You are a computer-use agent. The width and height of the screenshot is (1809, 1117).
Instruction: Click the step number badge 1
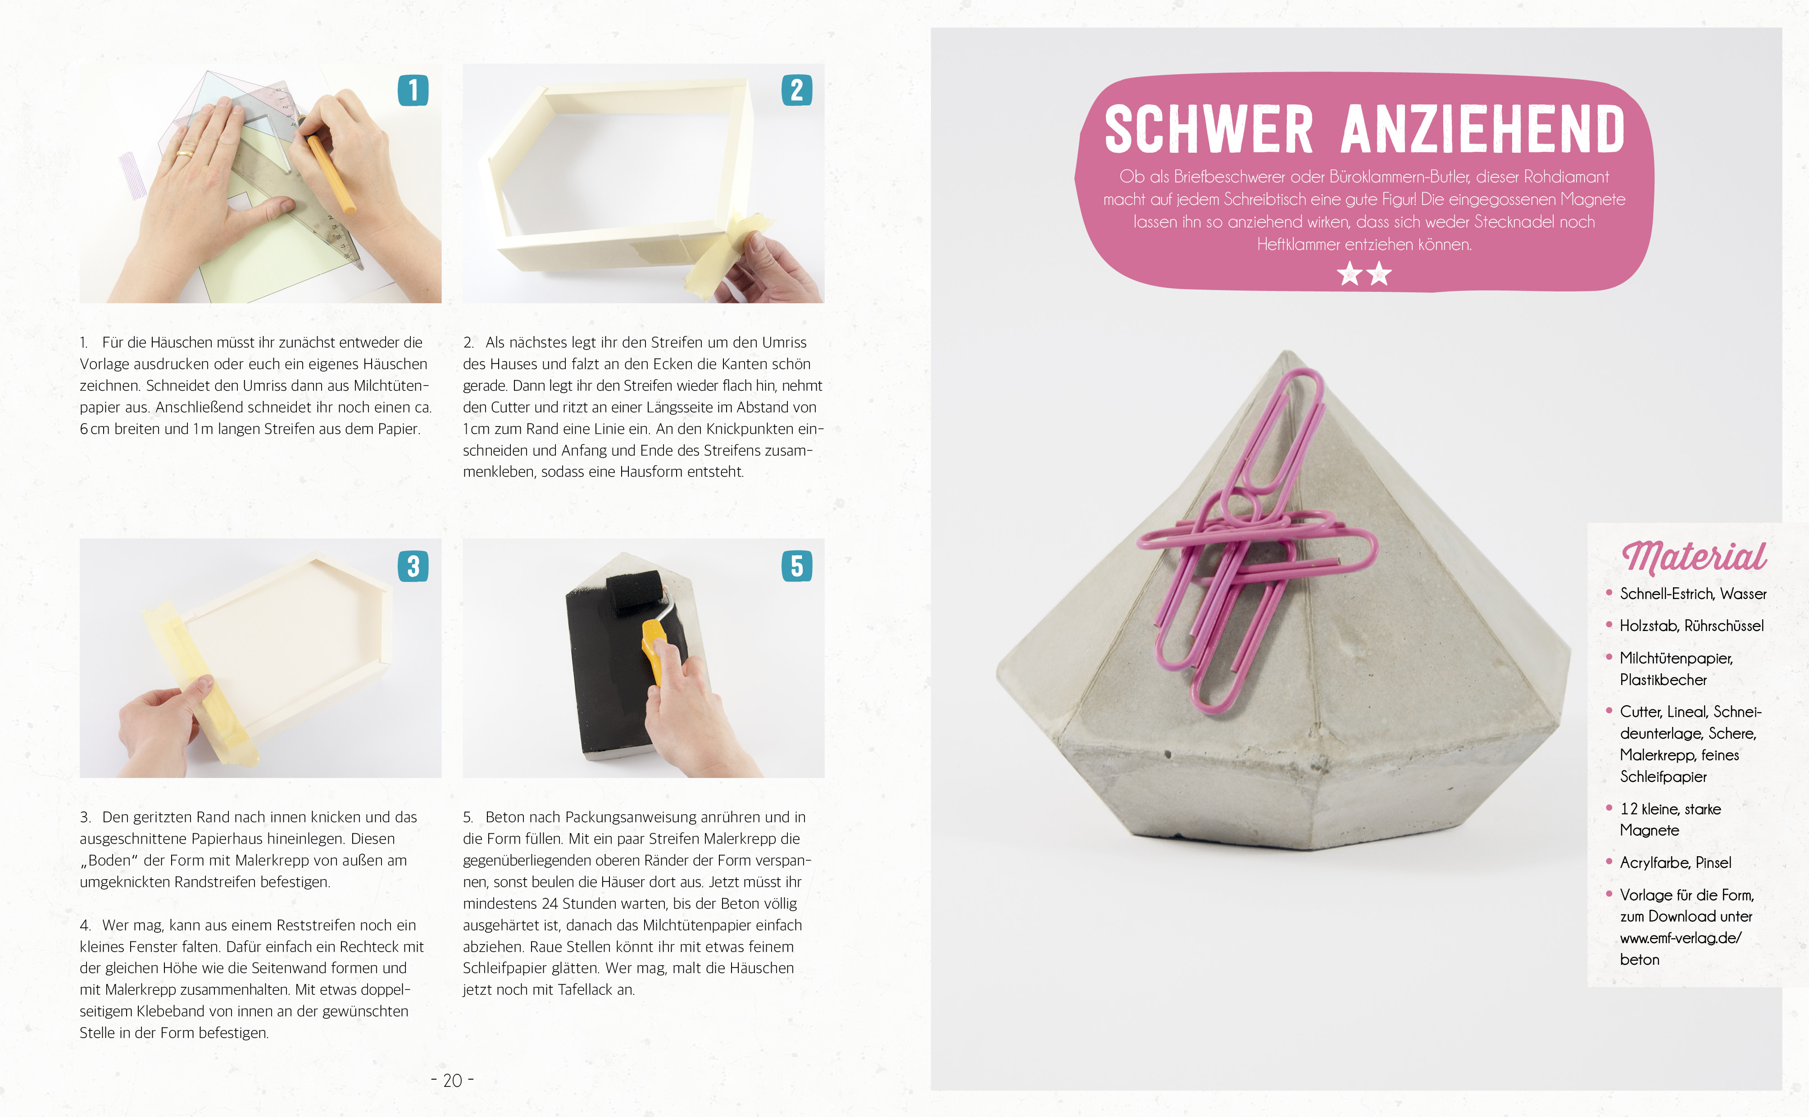click(x=413, y=90)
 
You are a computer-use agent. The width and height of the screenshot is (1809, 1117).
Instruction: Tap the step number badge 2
click(x=796, y=90)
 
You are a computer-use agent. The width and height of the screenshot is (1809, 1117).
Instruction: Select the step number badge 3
click(x=413, y=566)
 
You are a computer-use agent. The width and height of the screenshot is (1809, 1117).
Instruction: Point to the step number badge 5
click(x=796, y=566)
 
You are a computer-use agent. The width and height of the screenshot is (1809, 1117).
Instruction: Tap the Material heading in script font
click(x=1693, y=556)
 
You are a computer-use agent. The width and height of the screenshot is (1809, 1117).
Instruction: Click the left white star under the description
click(x=1350, y=274)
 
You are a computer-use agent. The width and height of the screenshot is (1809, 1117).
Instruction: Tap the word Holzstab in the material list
click(x=1650, y=626)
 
